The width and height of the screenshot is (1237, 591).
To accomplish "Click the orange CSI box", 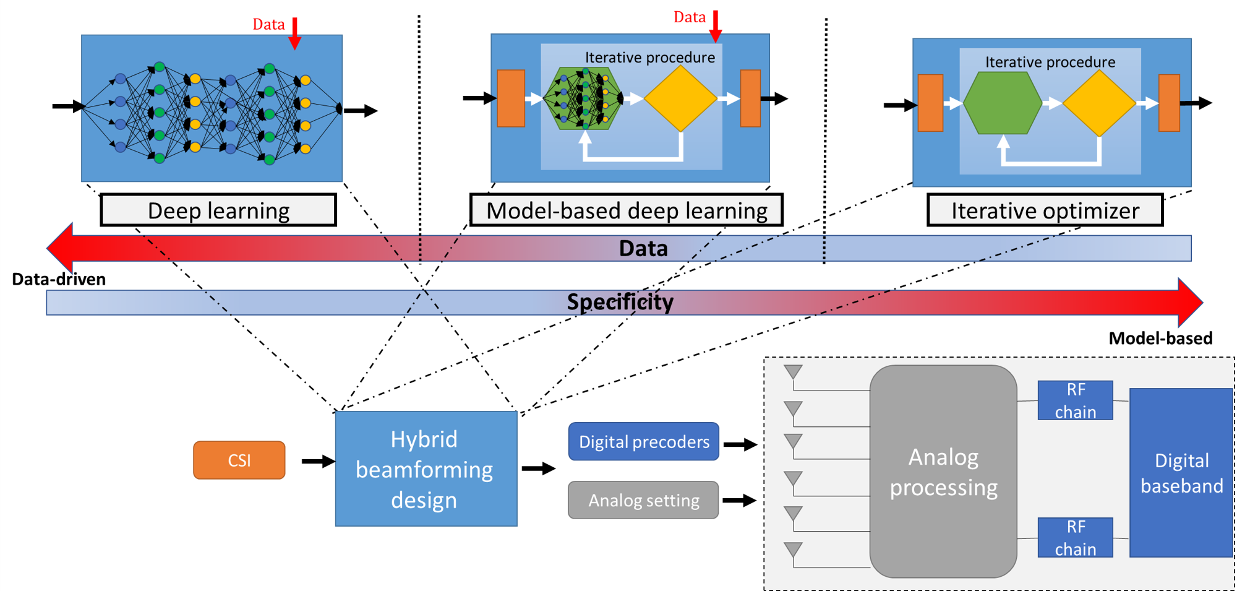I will pyautogui.click(x=239, y=460).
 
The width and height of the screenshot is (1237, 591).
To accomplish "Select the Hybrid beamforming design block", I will pyautogui.click(x=426, y=468).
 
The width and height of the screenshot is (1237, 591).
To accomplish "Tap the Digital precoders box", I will pyautogui.click(x=643, y=441).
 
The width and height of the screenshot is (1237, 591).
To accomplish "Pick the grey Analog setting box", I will pyautogui.click(x=643, y=500).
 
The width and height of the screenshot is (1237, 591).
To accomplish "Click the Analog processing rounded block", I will pyautogui.click(x=943, y=472).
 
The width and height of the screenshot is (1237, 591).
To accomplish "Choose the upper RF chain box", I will pyautogui.click(x=1075, y=400).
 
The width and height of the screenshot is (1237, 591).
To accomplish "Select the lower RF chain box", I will pyautogui.click(x=1075, y=537).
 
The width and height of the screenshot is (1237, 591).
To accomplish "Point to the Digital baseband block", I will pyautogui.click(x=1181, y=473).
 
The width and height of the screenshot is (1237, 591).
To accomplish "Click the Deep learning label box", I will pyautogui.click(x=218, y=210).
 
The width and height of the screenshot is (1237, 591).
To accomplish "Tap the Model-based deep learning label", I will pyautogui.click(x=626, y=210).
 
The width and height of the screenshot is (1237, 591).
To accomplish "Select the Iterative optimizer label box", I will pyautogui.click(x=1044, y=210).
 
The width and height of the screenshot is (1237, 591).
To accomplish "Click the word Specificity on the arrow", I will pyautogui.click(x=620, y=302).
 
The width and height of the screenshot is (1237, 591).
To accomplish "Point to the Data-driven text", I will pyautogui.click(x=59, y=279).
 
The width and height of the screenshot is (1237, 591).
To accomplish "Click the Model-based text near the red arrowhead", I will pyautogui.click(x=1160, y=339).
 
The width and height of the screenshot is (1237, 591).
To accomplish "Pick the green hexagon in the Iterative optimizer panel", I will pyautogui.click(x=1003, y=103).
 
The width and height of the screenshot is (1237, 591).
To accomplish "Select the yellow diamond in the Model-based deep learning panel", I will pyautogui.click(x=680, y=98).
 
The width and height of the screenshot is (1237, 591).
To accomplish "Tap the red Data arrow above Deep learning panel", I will pyautogui.click(x=295, y=33).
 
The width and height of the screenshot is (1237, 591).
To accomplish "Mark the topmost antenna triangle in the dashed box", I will pyautogui.click(x=793, y=371).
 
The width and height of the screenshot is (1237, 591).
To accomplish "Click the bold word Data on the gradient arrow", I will pyautogui.click(x=643, y=248).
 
